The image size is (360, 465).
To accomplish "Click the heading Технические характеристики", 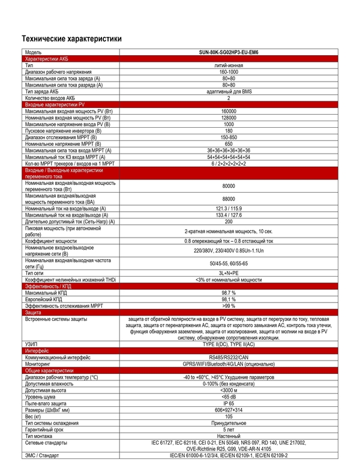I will coord(71,39).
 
